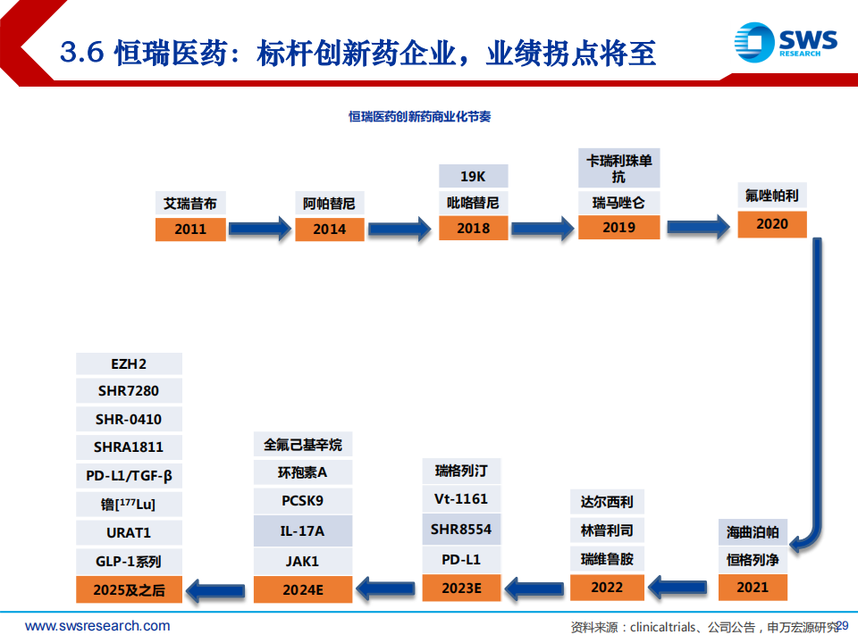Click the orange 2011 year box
click(x=190, y=230)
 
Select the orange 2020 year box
click(x=772, y=224)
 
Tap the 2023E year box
click(x=461, y=588)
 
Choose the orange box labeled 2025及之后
click(x=129, y=589)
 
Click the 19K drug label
click(x=474, y=176)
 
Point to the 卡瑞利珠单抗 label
click(x=618, y=168)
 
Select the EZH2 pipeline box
click(x=129, y=363)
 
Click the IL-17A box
click(x=303, y=530)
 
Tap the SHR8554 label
click(x=461, y=529)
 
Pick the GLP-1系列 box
click(x=129, y=561)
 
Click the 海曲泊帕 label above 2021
click(x=753, y=532)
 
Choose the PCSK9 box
click(x=303, y=500)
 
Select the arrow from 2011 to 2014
click(x=260, y=229)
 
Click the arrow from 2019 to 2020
click(x=698, y=226)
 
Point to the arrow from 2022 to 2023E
click(x=534, y=589)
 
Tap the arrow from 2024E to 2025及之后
click(x=215, y=590)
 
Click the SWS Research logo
click(x=786, y=42)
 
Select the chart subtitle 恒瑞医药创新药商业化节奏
click(x=420, y=116)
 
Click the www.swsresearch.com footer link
click(x=97, y=625)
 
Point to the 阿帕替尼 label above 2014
click(x=330, y=204)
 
